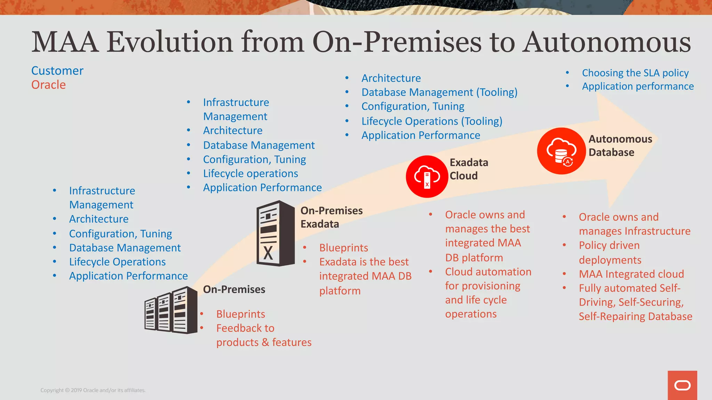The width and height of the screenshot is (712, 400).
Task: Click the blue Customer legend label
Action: [x=57, y=71]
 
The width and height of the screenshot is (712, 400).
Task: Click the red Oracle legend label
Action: [x=48, y=85]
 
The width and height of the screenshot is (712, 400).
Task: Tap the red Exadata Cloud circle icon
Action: [x=427, y=176]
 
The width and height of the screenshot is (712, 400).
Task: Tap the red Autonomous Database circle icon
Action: [x=561, y=151]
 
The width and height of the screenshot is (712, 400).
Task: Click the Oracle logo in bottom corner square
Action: [x=682, y=385]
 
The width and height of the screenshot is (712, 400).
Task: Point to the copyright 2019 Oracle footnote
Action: [x=93, y=390]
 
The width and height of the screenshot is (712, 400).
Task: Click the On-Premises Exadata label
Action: [x=331, y=217]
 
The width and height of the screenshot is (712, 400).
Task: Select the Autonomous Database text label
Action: [x=620, y=145]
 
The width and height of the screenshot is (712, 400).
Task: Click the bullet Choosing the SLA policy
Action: [x=635, y=73]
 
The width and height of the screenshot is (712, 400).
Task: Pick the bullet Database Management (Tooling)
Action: [x=439, y=92]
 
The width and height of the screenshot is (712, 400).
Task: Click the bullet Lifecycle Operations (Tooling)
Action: [x=432, y=121]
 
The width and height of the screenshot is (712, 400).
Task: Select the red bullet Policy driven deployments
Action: [x=610, y=252]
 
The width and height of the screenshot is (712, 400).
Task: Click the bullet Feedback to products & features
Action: [x=263, y=335]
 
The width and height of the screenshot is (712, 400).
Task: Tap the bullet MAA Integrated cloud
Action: [x=631, y=274]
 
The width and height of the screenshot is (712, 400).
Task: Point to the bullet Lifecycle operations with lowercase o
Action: [x=250, y=174]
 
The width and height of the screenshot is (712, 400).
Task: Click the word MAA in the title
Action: [x=65, y=42]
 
